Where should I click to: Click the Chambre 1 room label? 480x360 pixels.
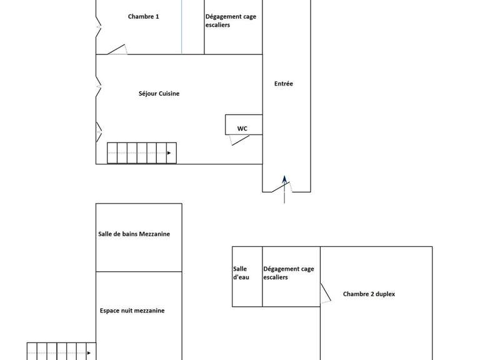pyautogui.click(x=143, y=17)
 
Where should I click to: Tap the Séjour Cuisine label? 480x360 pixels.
pyautogui.click(x=159, y=94)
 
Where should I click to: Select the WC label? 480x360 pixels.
pyautogui.click(x=242, y=129)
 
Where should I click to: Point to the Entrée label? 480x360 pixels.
pyautogui.click(x=283, y=84)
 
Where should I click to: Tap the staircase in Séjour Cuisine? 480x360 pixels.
pyautogui.click(x=142, y=153)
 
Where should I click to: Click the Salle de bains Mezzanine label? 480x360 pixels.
pyautogui.click(x=134, y=234)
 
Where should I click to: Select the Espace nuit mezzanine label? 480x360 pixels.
pyautogui.click(x=132, y=311)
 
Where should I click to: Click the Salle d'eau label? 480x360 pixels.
pyautogui.click(x=241, y=273)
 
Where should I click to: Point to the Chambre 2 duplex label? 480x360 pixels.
pyautogui.click(x=369, y=294)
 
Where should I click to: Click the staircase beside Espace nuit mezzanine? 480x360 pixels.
pyautogui.click(x=61, y=351)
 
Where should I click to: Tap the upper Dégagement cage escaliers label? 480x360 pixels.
pyautogui.click(x=230, y=21)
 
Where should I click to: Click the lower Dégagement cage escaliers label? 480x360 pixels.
pyautogui.click(x=288, y=273)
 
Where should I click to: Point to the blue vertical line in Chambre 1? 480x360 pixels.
pyautogui.click(x=182, y=28)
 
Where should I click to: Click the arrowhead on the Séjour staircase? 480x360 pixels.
pyautogui.click(x=169, y=153)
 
